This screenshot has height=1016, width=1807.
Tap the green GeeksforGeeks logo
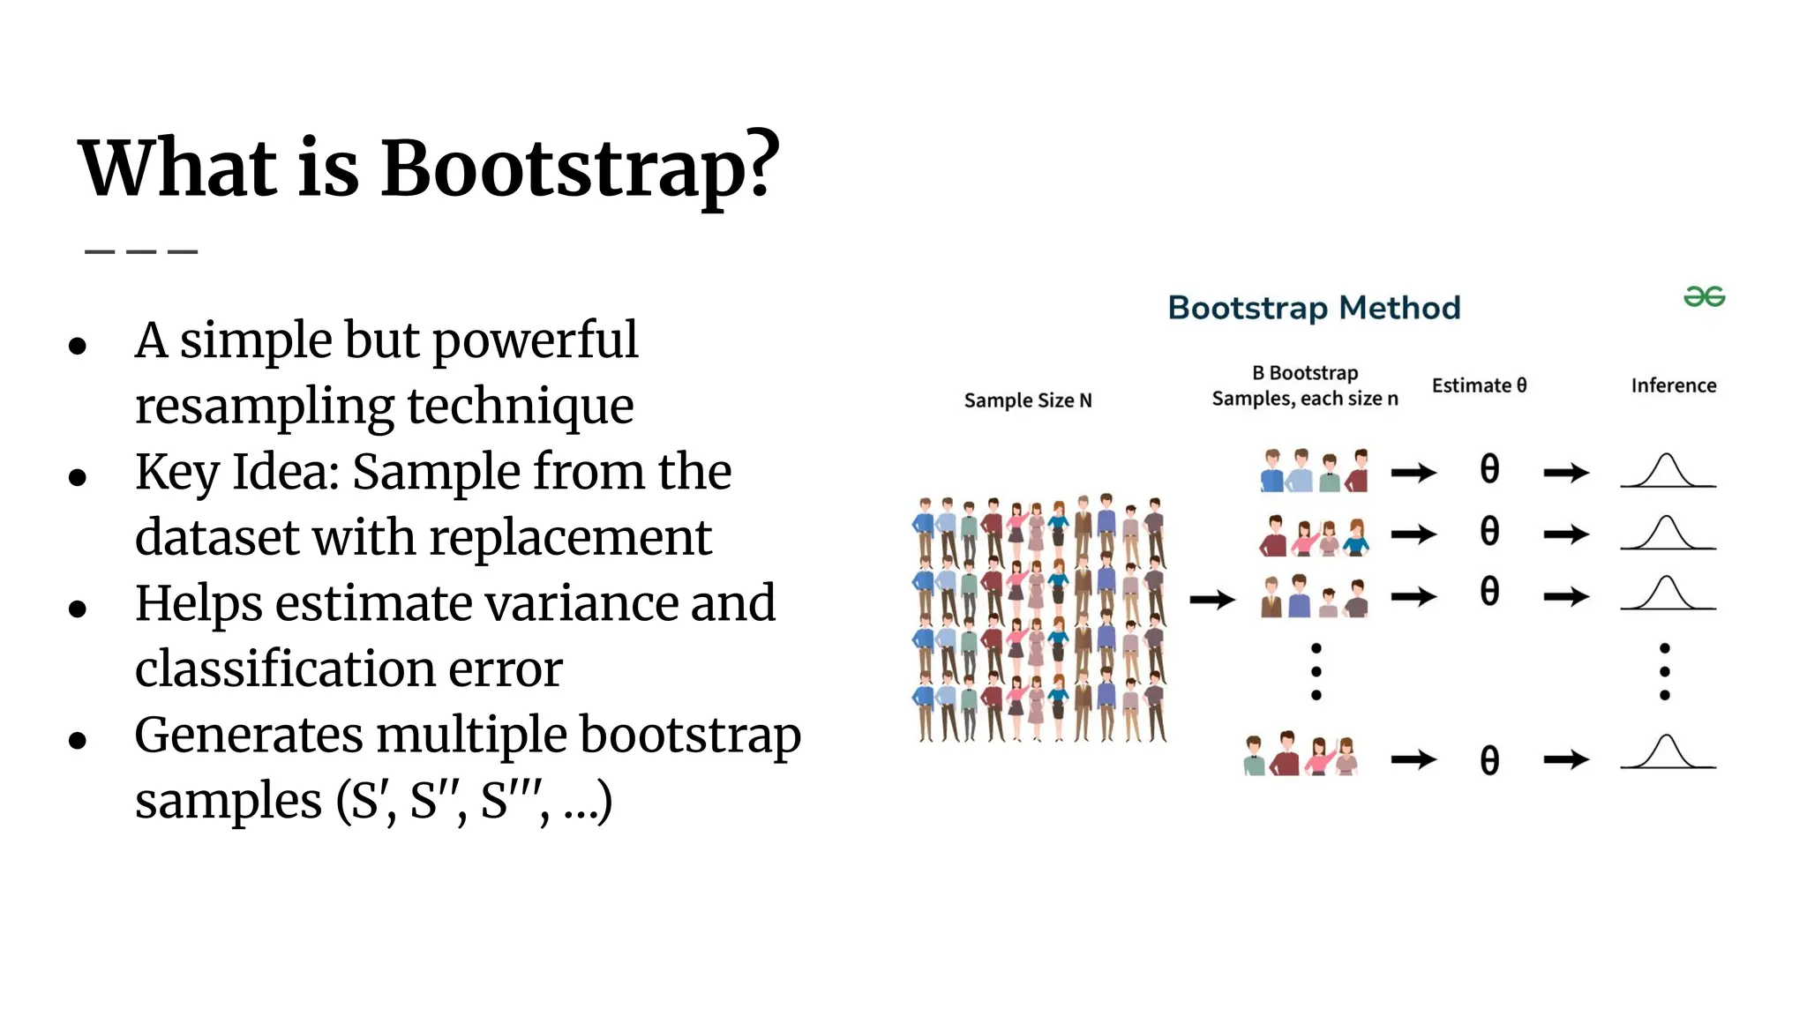[x=1704, y=297]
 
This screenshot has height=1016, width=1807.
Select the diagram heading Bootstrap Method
[x=1314, y=308]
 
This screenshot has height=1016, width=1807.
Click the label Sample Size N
[x=1028, y=400]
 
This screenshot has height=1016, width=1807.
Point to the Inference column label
[x=1673, y=385]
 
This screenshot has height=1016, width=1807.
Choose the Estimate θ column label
[x=1479, y=385]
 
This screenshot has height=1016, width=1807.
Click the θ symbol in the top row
[x=1489, y=469]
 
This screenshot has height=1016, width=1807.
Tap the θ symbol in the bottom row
[x=1489, y=760]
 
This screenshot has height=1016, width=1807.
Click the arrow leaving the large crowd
[x=1212, y=601]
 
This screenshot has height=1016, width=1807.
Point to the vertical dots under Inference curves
[x=1665, y=672]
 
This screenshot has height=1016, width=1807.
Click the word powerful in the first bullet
[x=535, y=340]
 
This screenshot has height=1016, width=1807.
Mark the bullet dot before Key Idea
[x=78, y=477]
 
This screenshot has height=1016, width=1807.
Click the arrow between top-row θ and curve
[x=1566, y=473]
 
